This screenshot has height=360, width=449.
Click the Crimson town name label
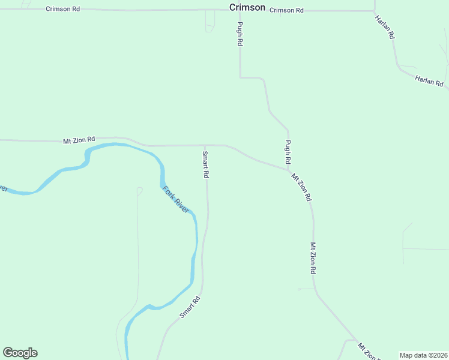coord(247,7)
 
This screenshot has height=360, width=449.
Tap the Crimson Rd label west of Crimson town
coord(62,10)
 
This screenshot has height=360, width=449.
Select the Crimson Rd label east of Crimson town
coord(286,10)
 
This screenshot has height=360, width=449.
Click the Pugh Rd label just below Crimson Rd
coord(240,34)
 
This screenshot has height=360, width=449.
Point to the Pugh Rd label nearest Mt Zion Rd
coord(288,152)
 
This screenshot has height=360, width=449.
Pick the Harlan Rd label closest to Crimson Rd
coord(385,27)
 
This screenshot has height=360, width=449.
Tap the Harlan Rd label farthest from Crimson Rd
coord(429,80)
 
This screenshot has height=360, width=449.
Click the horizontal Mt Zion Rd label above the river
coord(79,140)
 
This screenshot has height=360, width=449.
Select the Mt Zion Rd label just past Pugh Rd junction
coord(301,187)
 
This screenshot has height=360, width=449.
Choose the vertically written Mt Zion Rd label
coord(313,258)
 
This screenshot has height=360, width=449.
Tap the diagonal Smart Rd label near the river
coord(189,307)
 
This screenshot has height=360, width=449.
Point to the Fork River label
coord(176,200)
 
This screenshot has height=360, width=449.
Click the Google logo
coord(20,353)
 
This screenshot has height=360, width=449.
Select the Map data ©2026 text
coord(423,355)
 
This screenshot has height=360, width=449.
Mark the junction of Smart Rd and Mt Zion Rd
coord(205,145)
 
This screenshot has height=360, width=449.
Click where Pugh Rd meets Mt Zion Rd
coord(290,169)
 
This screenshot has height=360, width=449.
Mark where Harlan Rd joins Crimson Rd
coord(375,10)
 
